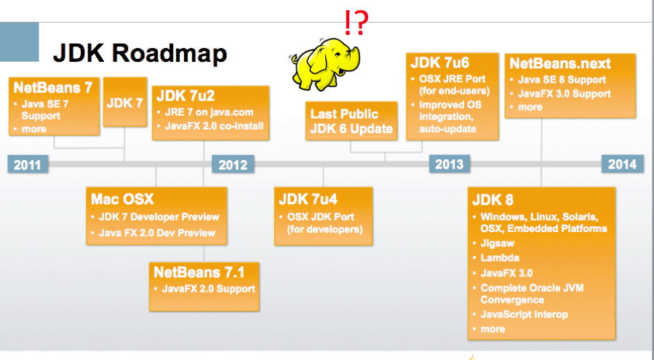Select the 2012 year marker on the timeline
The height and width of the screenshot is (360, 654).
click(234, 164)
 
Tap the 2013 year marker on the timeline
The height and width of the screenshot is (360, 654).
click(450, 164)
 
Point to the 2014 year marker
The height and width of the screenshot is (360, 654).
click(623, 164)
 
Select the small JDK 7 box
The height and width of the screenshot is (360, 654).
click(125, 103)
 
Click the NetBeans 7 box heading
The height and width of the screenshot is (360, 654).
click(52, 87)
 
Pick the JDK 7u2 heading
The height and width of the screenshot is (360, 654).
click(186, 95)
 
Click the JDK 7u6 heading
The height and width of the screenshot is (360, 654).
click(439, 62)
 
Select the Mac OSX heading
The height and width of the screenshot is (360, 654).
click(122, 199)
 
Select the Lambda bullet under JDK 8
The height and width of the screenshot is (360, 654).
click(500, 257)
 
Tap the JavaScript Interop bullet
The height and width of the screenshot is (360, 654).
click(524, 314)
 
